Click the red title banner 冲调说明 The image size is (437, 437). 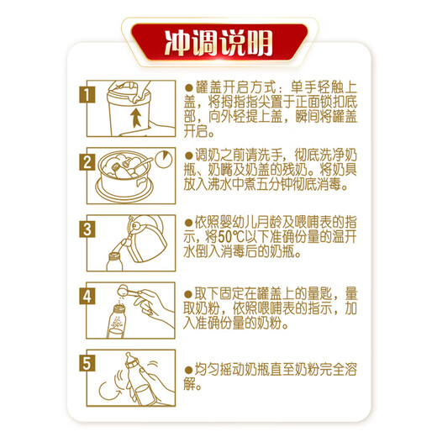pyautogui.click(x=219, y=42)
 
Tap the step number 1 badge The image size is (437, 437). pyautogui.click(x=87, y=95)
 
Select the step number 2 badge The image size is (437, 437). pyautogui.click(x=87, y=162)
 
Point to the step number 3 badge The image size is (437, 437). pyautogui.click(x=87, y=229)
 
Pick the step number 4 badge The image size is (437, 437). pyautogui.click(x=87, y=297)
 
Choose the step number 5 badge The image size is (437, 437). pyautogui.click(x=87, y=364)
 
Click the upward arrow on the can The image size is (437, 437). pyautogui.click(x=136, y=117)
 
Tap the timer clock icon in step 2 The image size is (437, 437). pyautogui.click(x=164, y=160)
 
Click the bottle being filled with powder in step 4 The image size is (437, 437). pyautogui.click(x=116, y=322)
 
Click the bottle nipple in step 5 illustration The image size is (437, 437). pyautogui.click(x=129, y=357)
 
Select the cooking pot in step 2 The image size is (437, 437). pyautogui.click(x=124, y=175)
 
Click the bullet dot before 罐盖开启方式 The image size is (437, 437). pyautogui.click(x=189, y=87)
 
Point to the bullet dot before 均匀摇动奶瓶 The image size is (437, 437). pyautogui.click(x=188, y=371)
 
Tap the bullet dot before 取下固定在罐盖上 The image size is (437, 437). pyautogui.click(x=188, y=294)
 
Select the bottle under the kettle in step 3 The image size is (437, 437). pyautogui.click(x=115, y=262)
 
